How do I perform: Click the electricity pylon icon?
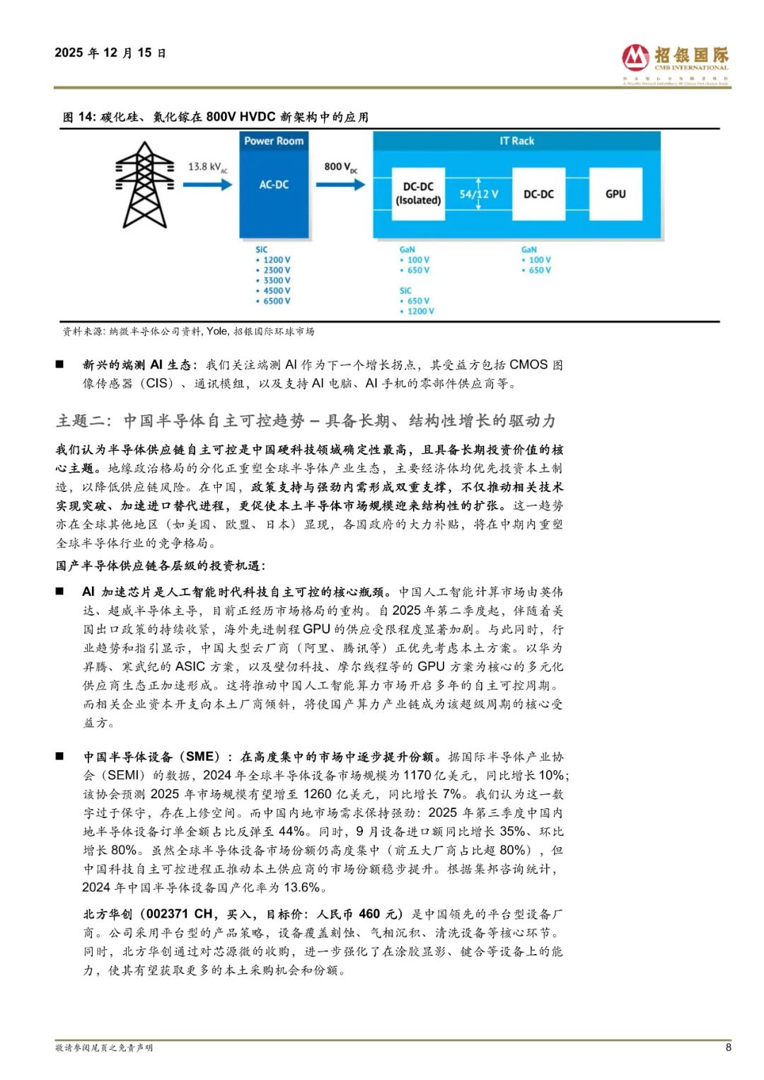click(x=144, y=185)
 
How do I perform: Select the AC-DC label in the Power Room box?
click(x=274, y=185)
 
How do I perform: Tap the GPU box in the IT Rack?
click(x=615, y=194)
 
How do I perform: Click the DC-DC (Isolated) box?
click(x=418, y=194)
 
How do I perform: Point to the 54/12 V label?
click(x=479, y=194)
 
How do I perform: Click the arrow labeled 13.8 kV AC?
click(x=207, y=185)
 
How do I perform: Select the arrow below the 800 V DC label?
click(x=340, y=185)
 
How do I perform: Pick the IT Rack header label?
click(x=517, y=141)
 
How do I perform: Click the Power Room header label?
click(x=274, y=141)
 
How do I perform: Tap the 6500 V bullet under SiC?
click(x=276, y=301)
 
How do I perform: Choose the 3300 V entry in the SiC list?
click(x=276, y=280)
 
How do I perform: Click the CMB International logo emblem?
click(x=635, y=57)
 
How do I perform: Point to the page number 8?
click(x=728, y=1047)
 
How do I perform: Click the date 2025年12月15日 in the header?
click(x=110, y=53)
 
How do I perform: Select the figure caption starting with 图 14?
click(x=216, y=117)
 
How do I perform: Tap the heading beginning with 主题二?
click(x=306, y=421)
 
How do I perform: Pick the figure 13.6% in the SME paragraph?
click(x=302, y=887)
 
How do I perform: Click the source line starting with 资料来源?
click(x=188, y=331)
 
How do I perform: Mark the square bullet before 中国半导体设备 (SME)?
click(x=60, y=757)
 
